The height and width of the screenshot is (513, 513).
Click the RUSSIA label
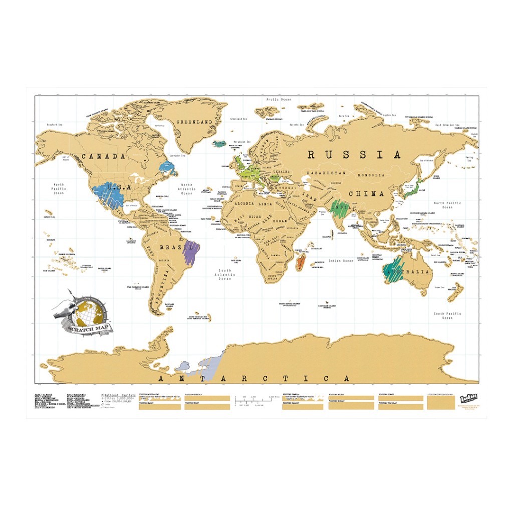click(x=354, y=155)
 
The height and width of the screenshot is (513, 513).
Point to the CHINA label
click(x=366, y=193)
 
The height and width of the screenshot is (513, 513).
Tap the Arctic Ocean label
click(x=279, y=99)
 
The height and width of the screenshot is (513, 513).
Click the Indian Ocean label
click(x=341, y=261)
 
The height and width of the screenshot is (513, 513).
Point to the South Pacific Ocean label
click(x=447, y=316)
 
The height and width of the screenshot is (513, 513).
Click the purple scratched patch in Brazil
click(x=190, y=252)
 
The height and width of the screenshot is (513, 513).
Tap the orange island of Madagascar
click(x=302, y=261)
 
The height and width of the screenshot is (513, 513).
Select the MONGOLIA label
click(x=371, y=175)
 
